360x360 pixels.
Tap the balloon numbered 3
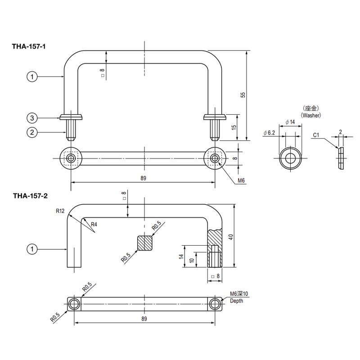[32, 118]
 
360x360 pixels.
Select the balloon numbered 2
[32, 132]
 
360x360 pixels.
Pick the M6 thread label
[241, 180]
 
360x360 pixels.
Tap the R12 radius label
[61, 210]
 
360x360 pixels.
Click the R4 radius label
[94, 224]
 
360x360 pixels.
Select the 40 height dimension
[230, 237]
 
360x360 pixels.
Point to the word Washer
[311, 115]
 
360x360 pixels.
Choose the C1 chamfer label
[316, 135]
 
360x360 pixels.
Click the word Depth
[236, 301]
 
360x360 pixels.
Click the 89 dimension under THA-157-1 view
[143, 178]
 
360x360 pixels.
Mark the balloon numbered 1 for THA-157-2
[32, 248]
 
